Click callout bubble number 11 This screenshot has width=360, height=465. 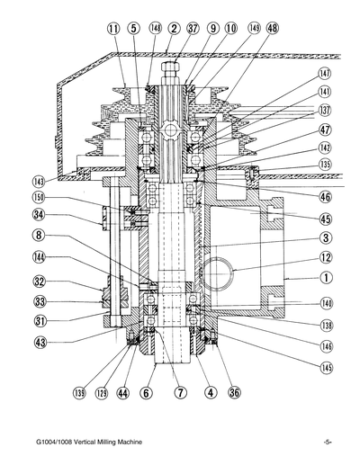coord(113,29)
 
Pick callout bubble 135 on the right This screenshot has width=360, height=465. coord(324,165)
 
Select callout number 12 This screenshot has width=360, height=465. coord(324,258)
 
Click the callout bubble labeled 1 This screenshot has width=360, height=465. coord(324,279)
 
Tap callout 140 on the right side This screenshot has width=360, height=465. coord(324,303)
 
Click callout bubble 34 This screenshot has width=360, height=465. coord(39,215)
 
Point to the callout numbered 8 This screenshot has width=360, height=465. coord(39,236)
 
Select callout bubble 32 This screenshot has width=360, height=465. coord(39,281)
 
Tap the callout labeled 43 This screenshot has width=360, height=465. coord(39,342)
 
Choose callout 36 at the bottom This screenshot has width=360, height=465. coord(235,393)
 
